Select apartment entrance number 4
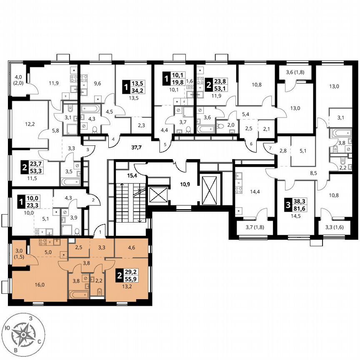click(112, 139)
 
